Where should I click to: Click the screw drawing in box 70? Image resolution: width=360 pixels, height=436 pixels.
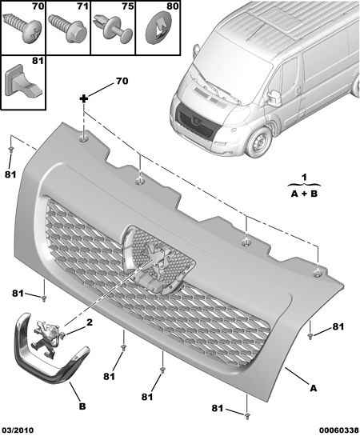point(22,28)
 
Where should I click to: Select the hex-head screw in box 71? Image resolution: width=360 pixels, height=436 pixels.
point(67,28)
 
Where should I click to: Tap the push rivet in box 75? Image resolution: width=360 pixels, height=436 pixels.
point(114,29)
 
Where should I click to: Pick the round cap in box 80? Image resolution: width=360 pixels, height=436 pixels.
point(158,29)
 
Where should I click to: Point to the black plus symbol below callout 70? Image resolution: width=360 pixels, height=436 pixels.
point(84,98)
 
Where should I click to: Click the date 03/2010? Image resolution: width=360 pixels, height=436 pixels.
point(18,430)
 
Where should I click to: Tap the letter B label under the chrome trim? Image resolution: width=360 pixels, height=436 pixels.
point(82,406)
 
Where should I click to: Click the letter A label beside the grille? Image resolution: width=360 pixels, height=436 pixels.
point(314,388)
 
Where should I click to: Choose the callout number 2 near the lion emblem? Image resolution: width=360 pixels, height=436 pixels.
point(90,322)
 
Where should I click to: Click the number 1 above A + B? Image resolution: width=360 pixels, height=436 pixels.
point(305,177)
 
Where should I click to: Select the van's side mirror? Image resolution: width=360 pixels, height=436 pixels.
point(274,98)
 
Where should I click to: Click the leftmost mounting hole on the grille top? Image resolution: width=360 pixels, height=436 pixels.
point(84,138)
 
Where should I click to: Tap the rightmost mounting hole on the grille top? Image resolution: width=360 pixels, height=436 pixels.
point(318,274)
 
